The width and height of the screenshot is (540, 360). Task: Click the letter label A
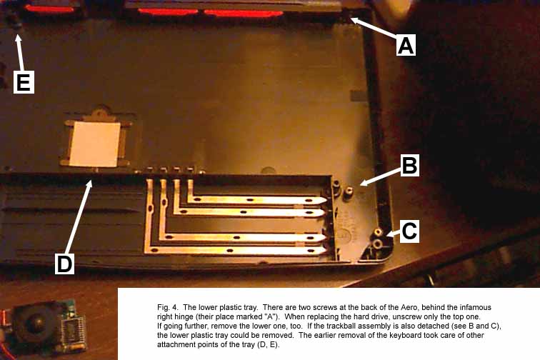click(406, 45)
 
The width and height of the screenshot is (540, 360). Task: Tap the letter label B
click(409, 166)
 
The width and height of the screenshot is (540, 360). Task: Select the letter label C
click(409, 231)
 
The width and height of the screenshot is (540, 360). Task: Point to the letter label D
click(65, 264)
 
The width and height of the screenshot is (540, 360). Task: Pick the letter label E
click(24, 82)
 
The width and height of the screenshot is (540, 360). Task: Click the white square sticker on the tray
click(95, 144)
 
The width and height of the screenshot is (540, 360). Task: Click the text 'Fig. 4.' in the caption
click(168, 308)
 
